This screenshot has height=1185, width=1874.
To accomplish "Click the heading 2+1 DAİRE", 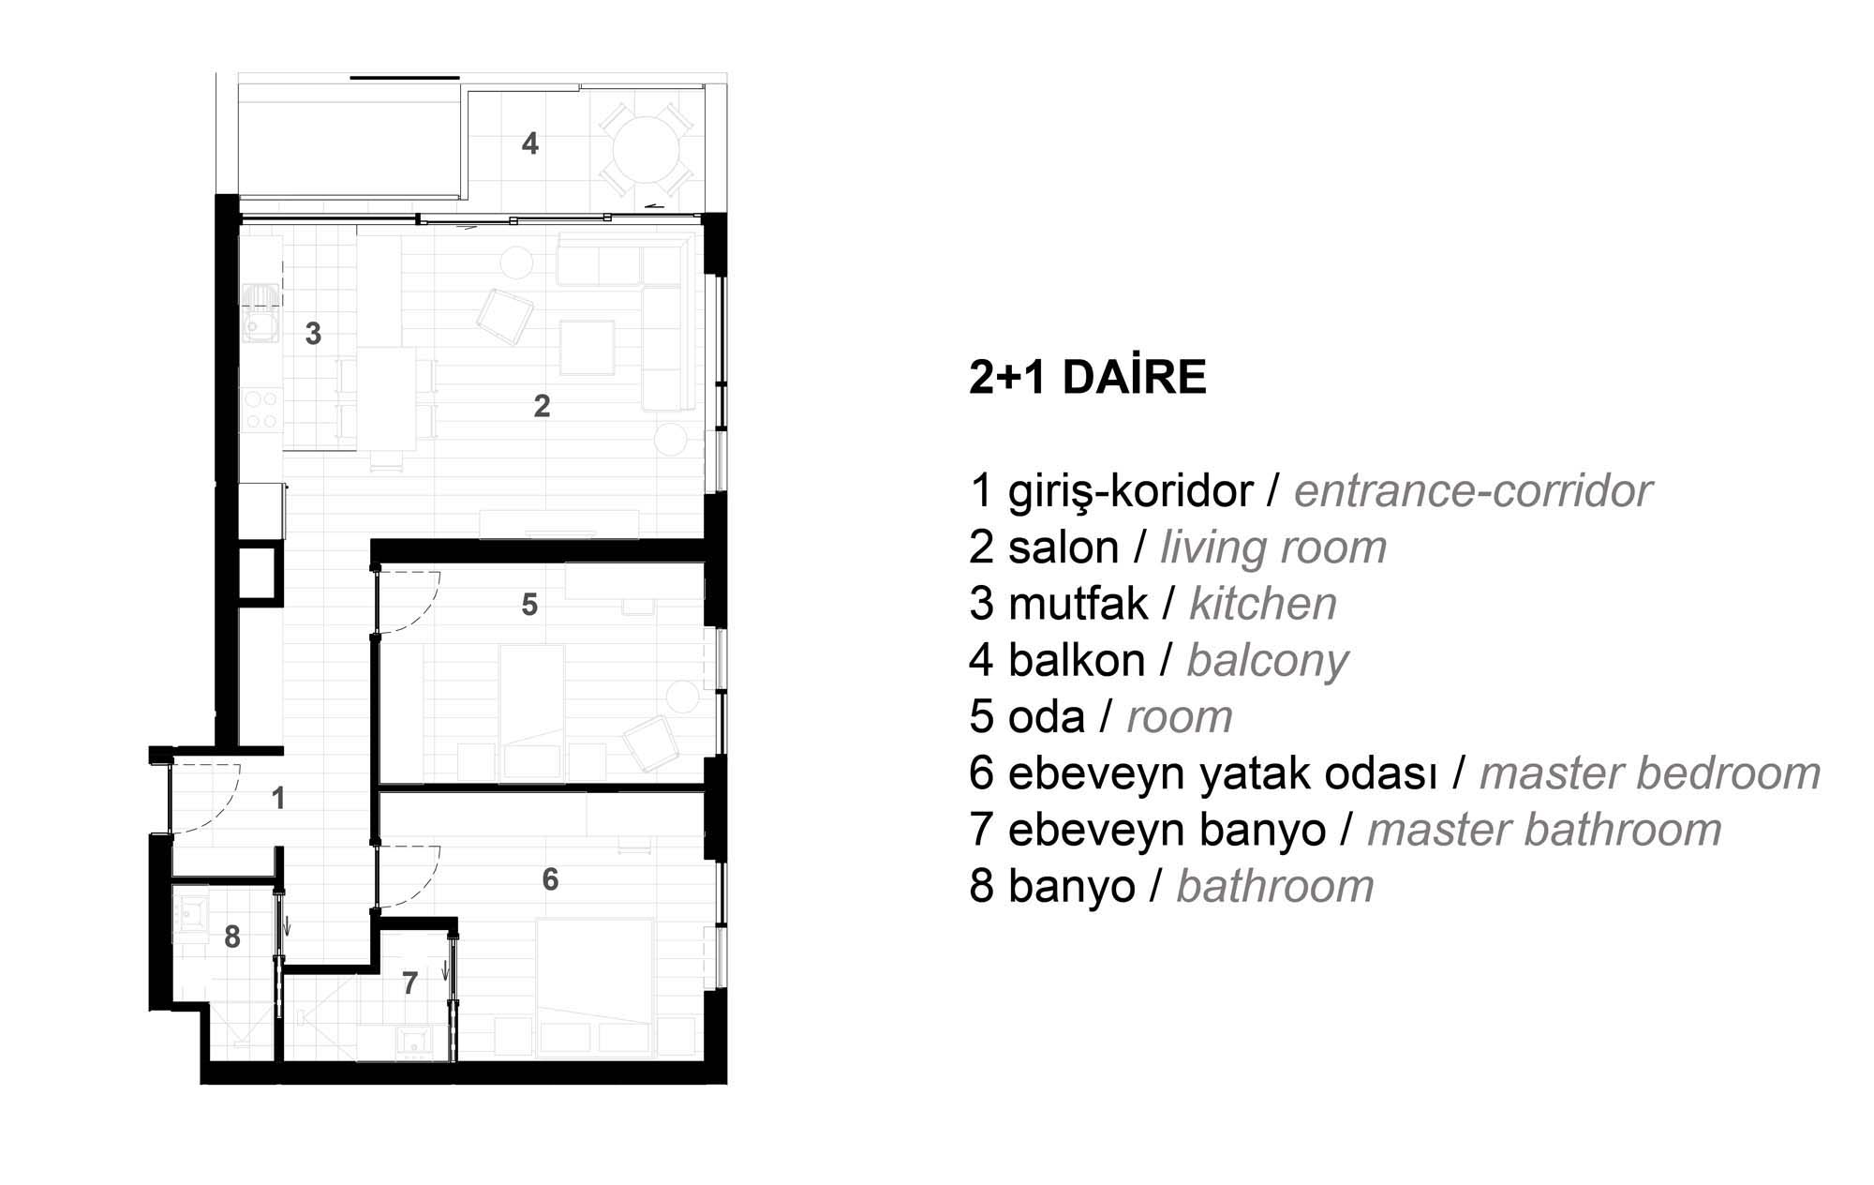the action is click(1087, 377).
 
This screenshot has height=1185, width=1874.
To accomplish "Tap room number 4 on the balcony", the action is click(530, 143).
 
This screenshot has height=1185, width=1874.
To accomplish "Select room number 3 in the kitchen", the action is click(314, 334).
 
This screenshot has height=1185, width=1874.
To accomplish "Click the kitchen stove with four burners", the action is click(261, 410).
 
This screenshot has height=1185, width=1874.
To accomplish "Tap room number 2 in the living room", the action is click(542, 406).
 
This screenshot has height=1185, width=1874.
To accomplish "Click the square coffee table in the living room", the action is click(587, 347).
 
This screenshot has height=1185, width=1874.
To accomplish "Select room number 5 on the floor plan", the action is click(529, 605).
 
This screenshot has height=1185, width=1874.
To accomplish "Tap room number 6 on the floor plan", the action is click(550, 878).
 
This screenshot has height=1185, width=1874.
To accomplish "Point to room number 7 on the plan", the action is click(409, 983).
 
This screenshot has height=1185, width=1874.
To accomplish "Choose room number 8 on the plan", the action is click(232, 937).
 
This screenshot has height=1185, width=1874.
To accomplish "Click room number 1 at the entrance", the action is click(277, 799).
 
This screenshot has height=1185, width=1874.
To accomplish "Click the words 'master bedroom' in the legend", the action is click(1649, 774).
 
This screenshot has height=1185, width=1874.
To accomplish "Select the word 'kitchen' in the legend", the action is click(1263, 604).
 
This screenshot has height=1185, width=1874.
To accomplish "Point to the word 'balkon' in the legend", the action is click(1077, 660).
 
